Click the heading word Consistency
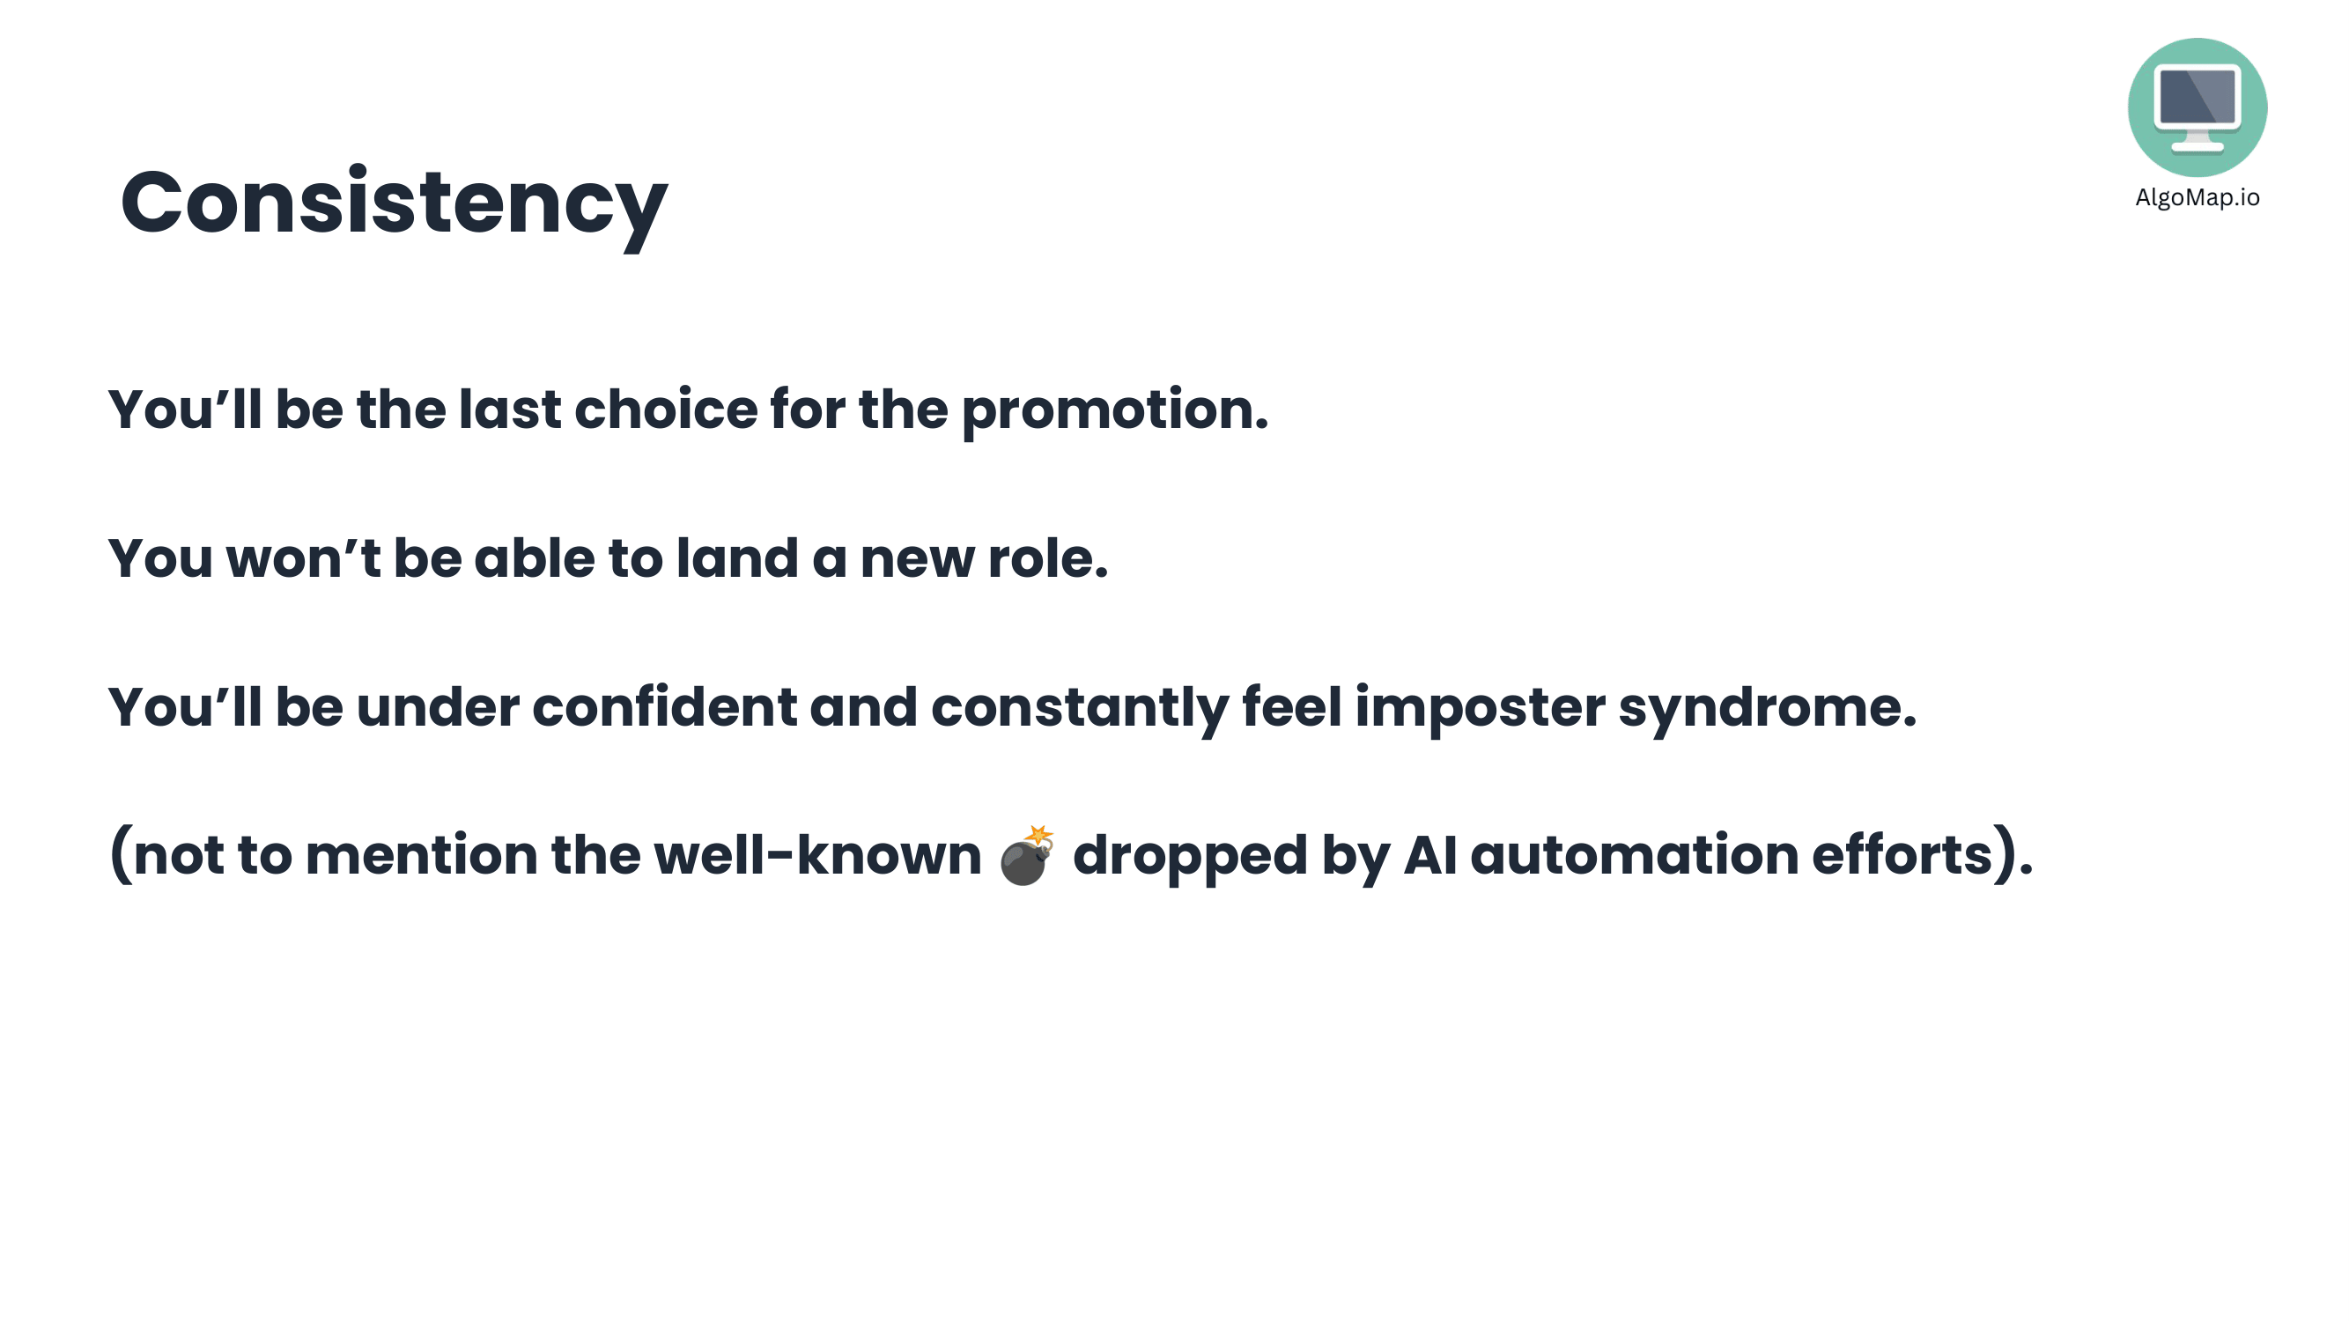[394, 205]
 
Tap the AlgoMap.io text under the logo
[2197, 198]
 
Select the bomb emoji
[1027, 855]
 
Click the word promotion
[1114, 411]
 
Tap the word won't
[303, 558]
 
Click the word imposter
[1480, 708]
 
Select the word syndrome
[1767, 708]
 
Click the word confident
[664, 706]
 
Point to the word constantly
[1080, 708]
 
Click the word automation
[1634, 855]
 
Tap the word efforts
[1902, 855]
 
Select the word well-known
[817, 855]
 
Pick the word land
[737, 558]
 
